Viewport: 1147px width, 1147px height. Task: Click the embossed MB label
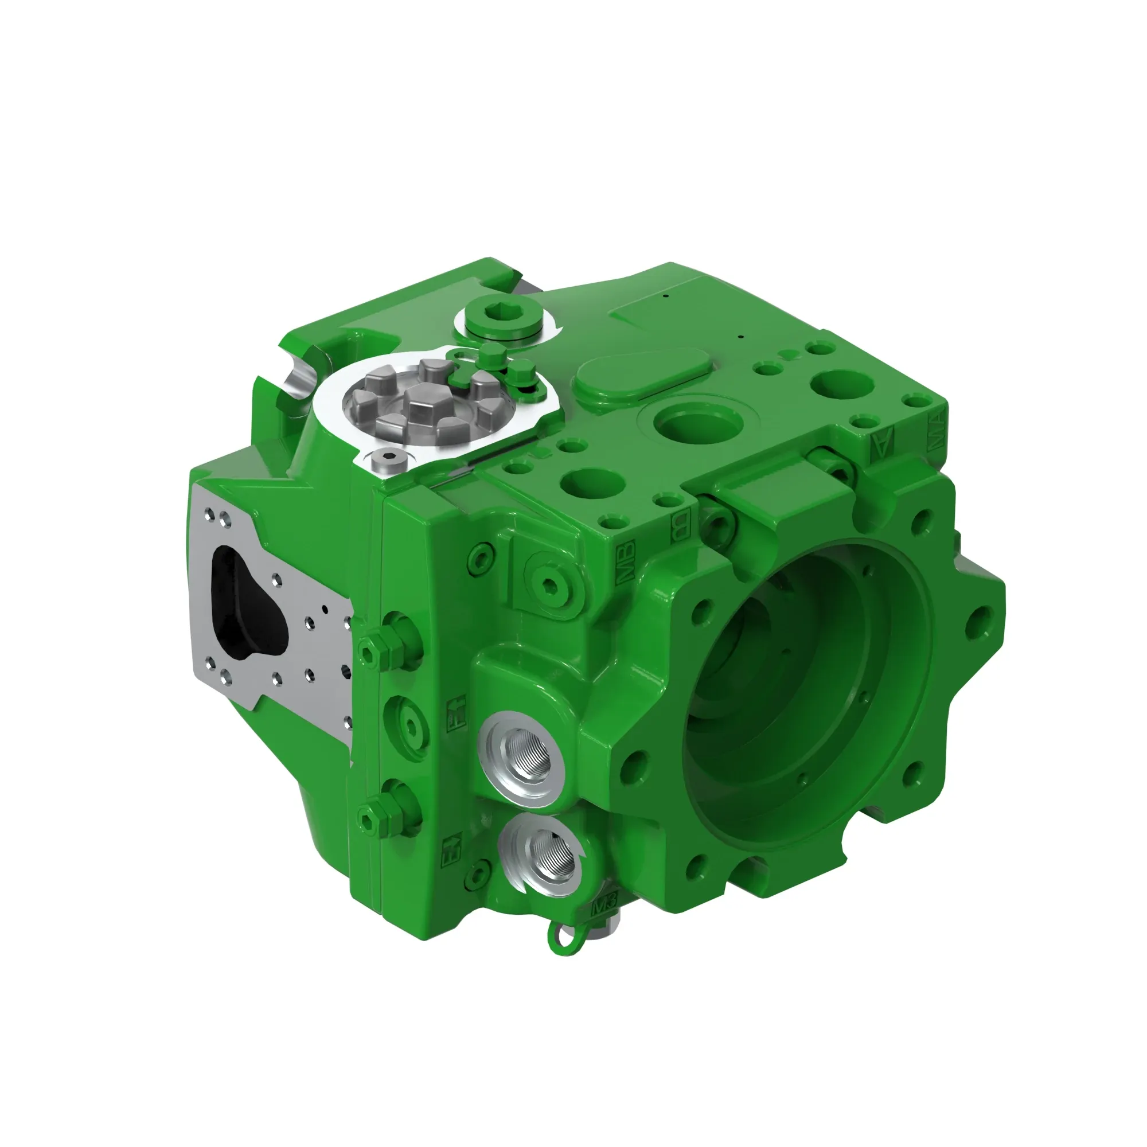(626, 561)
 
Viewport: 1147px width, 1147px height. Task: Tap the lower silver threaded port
(542, 856)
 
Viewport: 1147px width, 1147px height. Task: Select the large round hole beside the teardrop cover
(697, 426)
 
